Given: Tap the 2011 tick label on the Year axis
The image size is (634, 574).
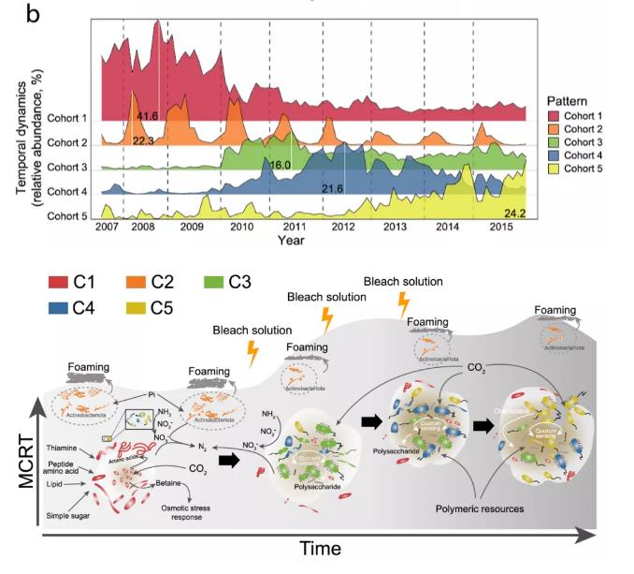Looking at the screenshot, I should [295, 228].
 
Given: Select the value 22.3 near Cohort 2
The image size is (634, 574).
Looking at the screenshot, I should [143, 140].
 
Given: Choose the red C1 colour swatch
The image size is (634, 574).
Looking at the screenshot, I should [64, 281].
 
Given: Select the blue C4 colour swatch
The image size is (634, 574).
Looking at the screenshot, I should [64, 305].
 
